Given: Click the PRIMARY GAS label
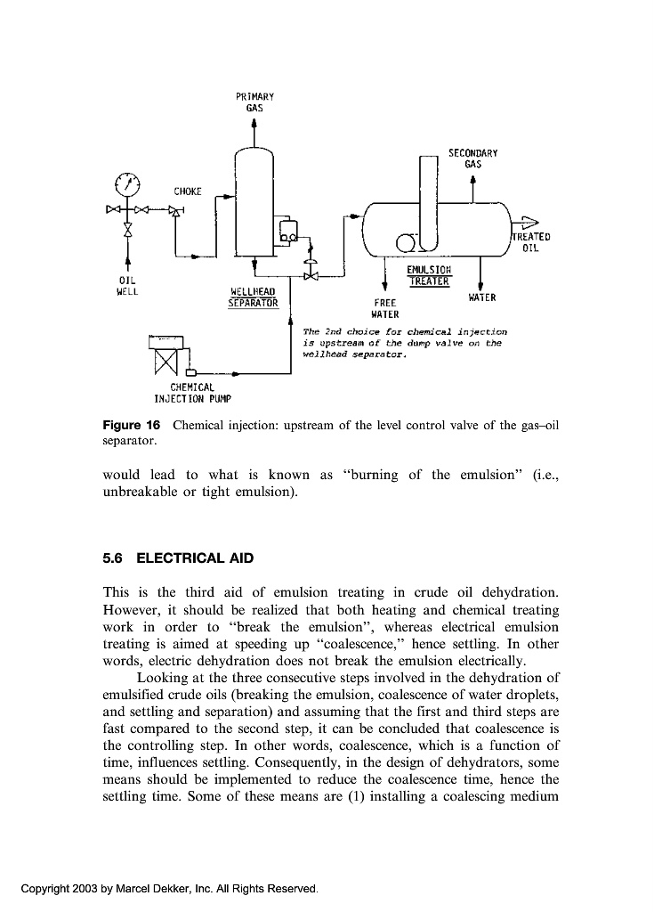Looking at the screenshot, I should click(x=255, y=101).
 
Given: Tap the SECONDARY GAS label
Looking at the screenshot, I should click(x=472, y=159).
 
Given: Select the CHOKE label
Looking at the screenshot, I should click(x=188, y=191).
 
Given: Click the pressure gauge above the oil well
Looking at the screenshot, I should click(x=128, y=185).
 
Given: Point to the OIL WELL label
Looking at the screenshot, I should click(x=128, y=285).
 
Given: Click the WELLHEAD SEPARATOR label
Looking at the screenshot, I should click(x=254, y=297).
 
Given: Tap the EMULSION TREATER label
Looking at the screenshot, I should click(x=429, y=275).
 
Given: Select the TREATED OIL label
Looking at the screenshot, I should click(x=531, y=242).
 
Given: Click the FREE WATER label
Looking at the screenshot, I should click(x=384, y=308).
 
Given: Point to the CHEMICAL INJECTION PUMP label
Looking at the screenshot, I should click(x=191, y=393).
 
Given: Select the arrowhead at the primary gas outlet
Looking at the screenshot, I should click(x=255, y=124).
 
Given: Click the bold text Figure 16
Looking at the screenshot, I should click(x=133, y=425).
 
